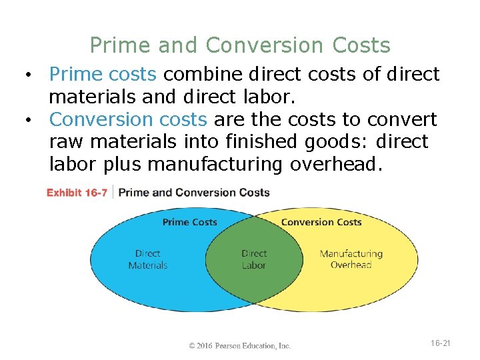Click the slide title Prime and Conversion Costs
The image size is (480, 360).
point(240,45)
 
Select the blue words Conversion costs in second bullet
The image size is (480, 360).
point(128,119)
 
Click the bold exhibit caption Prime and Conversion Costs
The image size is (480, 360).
point(194,193)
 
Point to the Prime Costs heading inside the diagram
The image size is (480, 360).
point(189,222)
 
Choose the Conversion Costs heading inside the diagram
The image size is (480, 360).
point(321,222)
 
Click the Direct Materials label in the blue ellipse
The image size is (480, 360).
point(147,259)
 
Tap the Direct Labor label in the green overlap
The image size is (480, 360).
point(253,259)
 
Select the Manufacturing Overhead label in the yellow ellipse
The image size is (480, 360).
point(351,259)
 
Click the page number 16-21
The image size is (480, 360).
point(441,343)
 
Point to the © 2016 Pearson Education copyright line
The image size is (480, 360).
point(240,345)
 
